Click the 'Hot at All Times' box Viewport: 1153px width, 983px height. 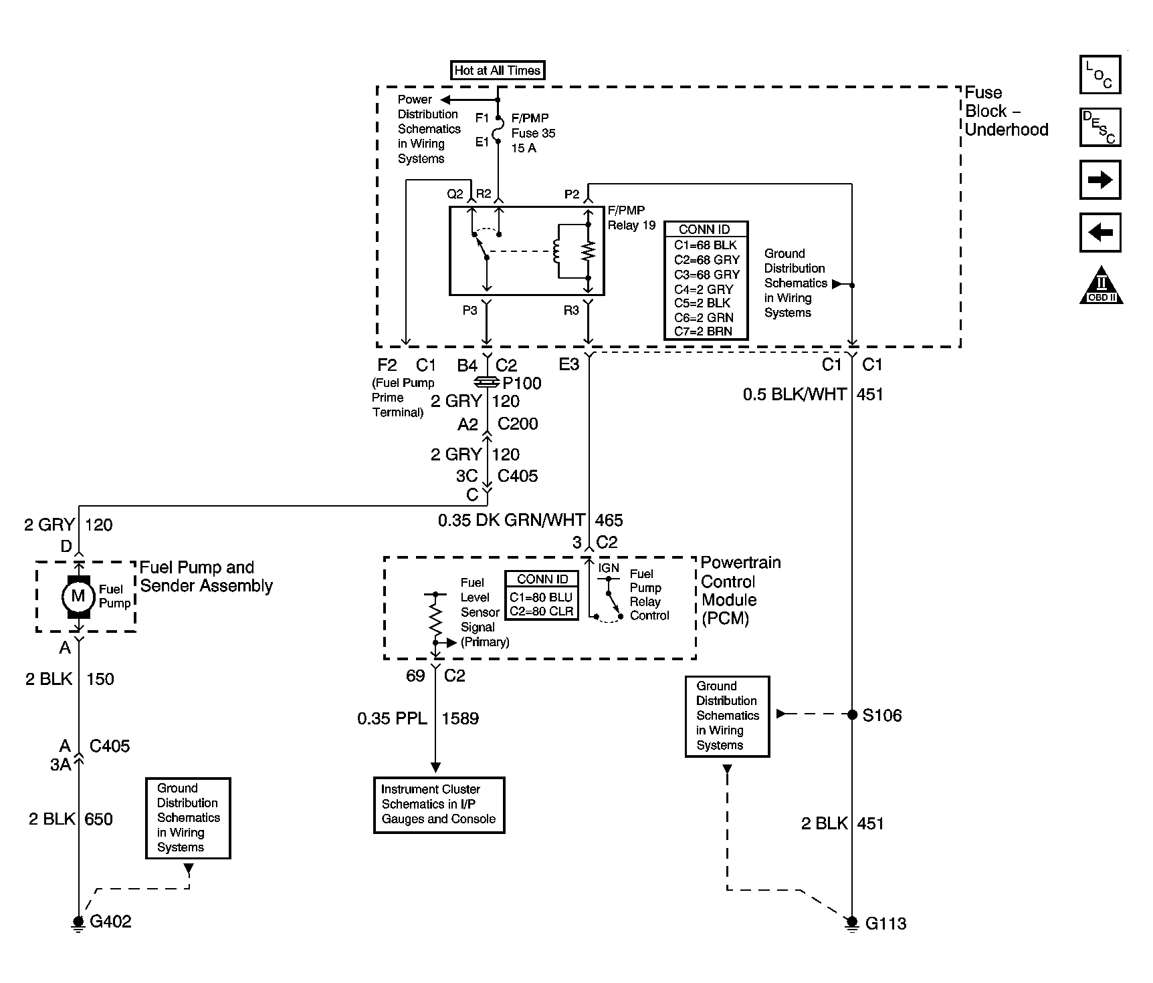(x=497, y=70)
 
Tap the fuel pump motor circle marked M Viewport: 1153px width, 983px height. (x=78, y=595)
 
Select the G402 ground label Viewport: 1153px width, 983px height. (x=110, y=922)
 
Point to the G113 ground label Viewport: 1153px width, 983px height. (x=885, y=924)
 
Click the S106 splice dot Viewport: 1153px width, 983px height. (x=852, y=715)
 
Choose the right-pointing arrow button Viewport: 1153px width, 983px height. (x=1099, y=180)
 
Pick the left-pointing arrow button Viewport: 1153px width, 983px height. (x=1099, y=233)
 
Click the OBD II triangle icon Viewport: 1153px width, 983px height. (x=1101, y=287)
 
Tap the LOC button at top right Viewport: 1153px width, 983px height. (x=1099, y=75)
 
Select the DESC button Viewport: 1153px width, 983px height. (x=1099, y=127)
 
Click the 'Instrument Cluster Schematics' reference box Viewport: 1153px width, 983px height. (x=439, y=804)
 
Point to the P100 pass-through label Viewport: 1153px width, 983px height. (x=522, y=383)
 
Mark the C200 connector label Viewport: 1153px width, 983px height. (x=518, y=424)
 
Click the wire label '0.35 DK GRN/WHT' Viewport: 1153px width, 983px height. (x=512, y=520)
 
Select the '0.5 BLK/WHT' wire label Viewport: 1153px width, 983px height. (x=795, y=394)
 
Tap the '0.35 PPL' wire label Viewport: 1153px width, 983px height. (x=392, y=718)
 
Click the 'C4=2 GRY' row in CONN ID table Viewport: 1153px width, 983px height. (x=704, y=289)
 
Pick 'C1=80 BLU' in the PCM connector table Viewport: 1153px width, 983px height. (x=541, y=597)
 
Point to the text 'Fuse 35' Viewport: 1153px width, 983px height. (x=533, y=133)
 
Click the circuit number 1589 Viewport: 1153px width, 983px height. (x=460, y=718)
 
